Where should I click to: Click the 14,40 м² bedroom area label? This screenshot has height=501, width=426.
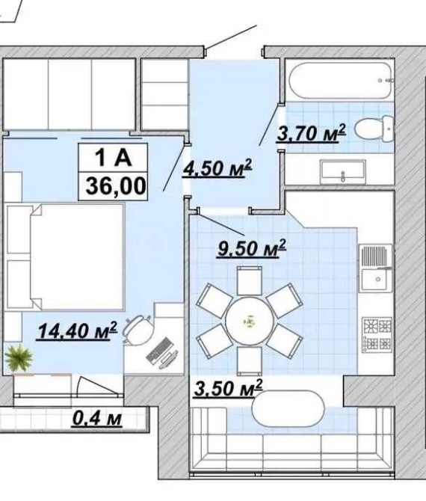pos(77,331)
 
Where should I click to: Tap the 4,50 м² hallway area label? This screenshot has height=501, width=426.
pos(217,167)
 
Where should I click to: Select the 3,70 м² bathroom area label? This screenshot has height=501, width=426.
pos(311,133)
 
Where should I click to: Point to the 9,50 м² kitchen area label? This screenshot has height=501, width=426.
pos(252,248)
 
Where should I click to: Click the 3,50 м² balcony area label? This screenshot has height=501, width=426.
pos(228,388)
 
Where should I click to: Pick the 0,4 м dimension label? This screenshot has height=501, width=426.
pos(97,418)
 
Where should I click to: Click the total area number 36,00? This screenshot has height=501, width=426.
pos(116,186)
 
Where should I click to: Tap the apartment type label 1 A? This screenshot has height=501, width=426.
pos(113,158)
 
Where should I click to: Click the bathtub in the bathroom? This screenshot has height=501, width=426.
pos(340,81)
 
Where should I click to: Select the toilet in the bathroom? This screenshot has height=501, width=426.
pos(374,129)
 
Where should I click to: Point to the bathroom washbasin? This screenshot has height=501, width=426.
pos(343,173)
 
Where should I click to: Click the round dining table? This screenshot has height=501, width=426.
pos(250,322)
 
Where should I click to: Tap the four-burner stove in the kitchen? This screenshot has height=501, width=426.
pos(377,334)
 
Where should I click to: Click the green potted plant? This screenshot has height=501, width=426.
pos(19,357)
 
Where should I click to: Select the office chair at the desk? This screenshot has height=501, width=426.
pos(138,330)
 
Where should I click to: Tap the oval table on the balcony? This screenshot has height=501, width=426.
pos(288,409)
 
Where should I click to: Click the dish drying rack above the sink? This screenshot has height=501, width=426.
pos(376,256)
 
